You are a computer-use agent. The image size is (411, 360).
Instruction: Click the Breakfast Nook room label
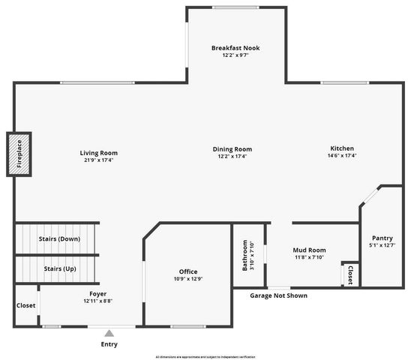pos(235,47)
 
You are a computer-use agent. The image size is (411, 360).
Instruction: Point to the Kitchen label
pos(341,148)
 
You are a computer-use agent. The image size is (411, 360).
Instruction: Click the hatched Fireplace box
pos(19,154)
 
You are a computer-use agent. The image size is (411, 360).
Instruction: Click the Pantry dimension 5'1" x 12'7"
pos(382,245)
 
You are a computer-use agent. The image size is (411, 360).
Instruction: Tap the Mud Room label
pos(308,250)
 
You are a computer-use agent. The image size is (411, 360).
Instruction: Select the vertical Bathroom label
pos(244,256)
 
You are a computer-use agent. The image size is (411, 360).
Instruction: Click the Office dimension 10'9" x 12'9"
pos(187,279)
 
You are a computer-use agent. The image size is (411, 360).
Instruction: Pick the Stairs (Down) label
pos(59,239)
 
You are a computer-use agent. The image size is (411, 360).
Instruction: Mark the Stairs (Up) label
pos(59,268)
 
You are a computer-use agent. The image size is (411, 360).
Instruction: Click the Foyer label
pos(97,294)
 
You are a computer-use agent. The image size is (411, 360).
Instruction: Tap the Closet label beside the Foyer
pos(25,305)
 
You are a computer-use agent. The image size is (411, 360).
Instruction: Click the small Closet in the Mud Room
pos(350,274)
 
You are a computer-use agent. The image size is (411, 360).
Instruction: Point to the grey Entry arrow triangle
pos(109,332)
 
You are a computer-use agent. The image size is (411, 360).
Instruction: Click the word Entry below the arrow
pos(109,344)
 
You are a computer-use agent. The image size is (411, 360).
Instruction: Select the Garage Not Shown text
pos(278,295)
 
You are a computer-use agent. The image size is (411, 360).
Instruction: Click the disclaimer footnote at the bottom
pos(205,356)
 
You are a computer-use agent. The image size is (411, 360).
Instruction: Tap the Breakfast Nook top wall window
pos(235,8)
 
